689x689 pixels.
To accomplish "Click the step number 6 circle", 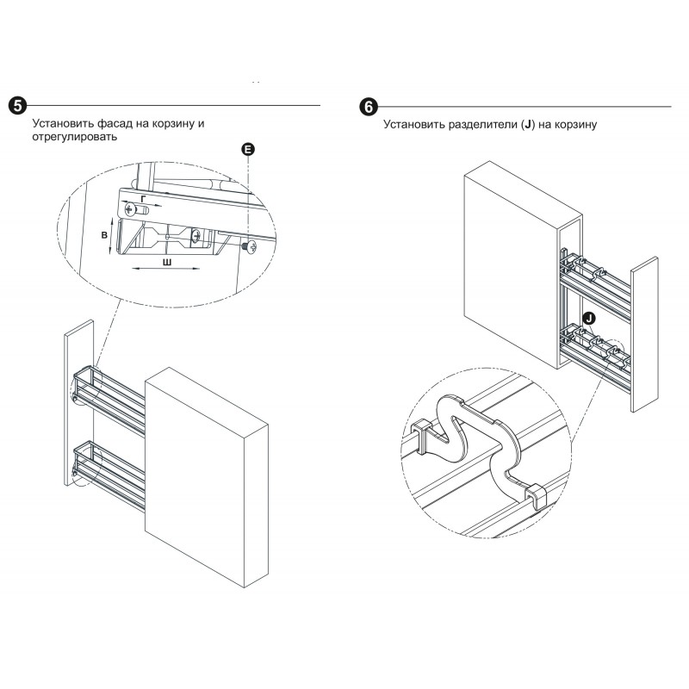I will tap(367, 107).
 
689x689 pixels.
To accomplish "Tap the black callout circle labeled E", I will tap(248, 150).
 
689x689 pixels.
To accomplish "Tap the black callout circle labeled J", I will tap(587, 318).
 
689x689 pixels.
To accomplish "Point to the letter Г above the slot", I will tap(142, 198).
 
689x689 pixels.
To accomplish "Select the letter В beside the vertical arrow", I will tap(103, 234).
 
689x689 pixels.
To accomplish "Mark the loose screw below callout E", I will tap(248, 247).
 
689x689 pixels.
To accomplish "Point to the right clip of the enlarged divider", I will tap(534, 496).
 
